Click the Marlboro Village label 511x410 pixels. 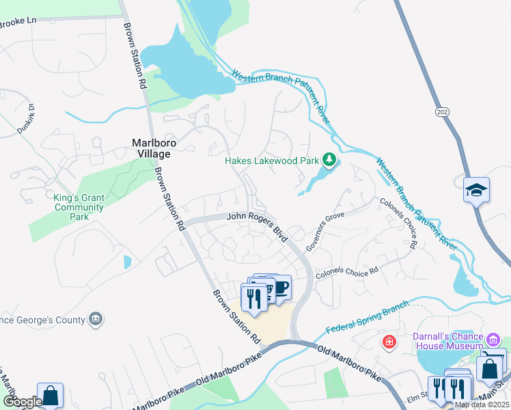point(150,148)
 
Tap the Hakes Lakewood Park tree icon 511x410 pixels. point(330,161)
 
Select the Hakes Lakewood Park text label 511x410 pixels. point(273,161)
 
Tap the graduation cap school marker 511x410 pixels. point(475,189)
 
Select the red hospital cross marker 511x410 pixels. point(389,341)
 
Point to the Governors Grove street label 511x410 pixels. point(324,231)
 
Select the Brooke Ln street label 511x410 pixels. point(18,22)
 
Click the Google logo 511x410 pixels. point(22,402)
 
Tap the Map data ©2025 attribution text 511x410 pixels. point(482,405)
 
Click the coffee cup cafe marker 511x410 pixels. point(280,287)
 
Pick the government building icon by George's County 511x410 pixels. point(96,319)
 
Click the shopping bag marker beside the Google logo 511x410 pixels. point(51,395)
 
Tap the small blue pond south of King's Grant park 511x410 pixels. point(127,261)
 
